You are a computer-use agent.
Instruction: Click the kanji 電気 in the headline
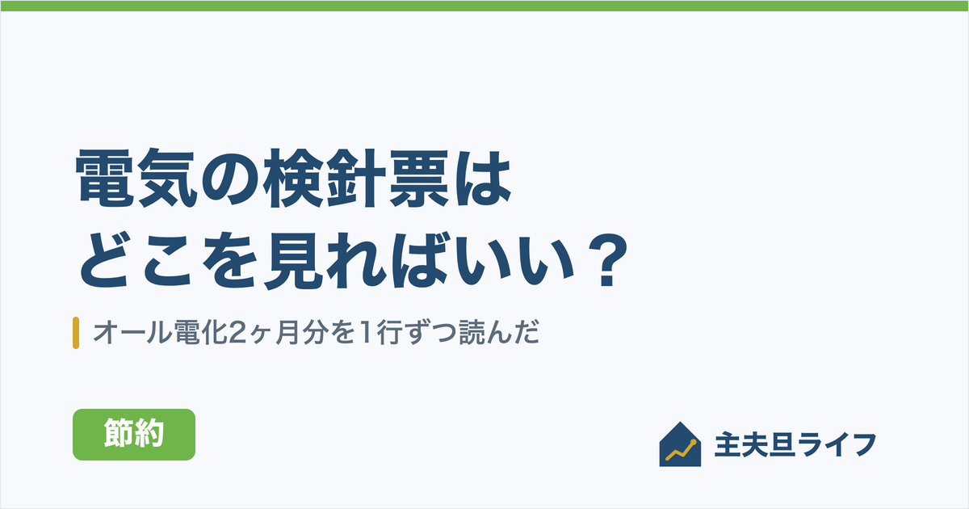(136, 178)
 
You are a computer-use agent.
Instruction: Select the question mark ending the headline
(606, 260)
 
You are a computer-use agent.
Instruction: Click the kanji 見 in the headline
(294, 260)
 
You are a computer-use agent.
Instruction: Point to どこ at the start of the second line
(135, 260)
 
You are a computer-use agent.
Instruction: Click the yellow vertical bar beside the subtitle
(76, 333)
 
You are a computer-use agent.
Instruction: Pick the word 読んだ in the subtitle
(499, 333)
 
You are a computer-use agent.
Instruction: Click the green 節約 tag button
(134, 434)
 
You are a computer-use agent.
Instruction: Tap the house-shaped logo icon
(680, 444)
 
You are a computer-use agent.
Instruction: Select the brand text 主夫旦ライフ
(795, 444)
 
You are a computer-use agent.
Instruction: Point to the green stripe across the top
(484, 6)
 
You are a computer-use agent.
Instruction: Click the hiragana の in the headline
(230, 179)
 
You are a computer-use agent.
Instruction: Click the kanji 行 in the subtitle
(389, 333)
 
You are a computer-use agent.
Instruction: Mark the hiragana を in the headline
(229, 260)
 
